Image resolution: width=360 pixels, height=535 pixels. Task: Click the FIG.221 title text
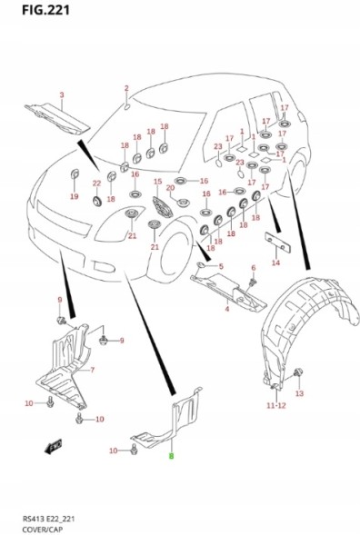pyautogui.click(x=45, y=10)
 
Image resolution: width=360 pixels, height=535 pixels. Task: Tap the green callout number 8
pyautogui.click(x=172, y=455)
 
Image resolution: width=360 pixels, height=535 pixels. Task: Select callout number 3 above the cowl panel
pyautogui.click(x=62, y=94)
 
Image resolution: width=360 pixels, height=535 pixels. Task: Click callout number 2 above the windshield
pyautogui.click(x=126, y=88)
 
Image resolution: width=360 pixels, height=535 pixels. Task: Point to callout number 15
pyautogui.click(x=157, y=182)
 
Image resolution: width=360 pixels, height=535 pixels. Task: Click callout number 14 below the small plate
pyautogui.click(x=276, y=263)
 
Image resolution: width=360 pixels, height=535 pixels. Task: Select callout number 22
pyautogui.click(x=97, y=183)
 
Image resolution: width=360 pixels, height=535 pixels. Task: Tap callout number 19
pyautogui.click(x=75, y=196)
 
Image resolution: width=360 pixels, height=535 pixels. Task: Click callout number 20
pyautogui.click(x=170, y=188)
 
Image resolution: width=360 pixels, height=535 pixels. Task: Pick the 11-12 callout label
pyautogui.click(x=276, y=405)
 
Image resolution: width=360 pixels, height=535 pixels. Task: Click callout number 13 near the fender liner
pyautogui.click(x=299, y=393)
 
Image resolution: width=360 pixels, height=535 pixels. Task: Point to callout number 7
pyautogui.click(x=92, y=370)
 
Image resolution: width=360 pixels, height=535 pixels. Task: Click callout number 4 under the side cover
pyautogui.click(x=227, y=309)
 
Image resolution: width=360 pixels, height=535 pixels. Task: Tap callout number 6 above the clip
pyautogui.click(x=253, y=268)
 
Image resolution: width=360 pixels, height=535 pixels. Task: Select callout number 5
pyautogui.click(x=221, y=266)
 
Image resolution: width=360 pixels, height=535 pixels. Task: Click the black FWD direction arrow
pyautogui.click(x=53, y=446)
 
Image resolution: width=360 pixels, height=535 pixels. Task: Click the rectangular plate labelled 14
pyautogui.click(x=278, y=243)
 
